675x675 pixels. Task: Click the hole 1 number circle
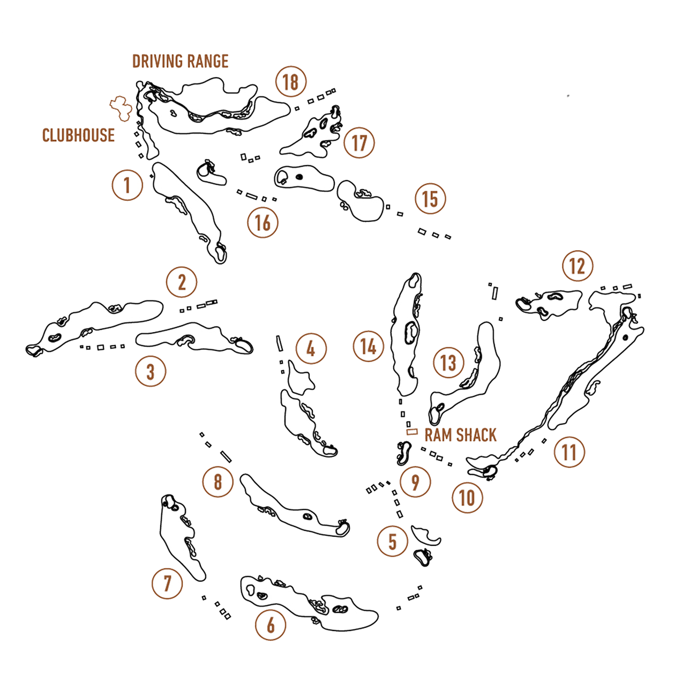[x=127, y=185]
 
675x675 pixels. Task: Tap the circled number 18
[x=290, y=82]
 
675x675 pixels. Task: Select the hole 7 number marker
[x=167, y=582]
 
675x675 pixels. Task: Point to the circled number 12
[x=577, y=266]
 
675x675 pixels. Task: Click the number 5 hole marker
[x=393, y=541]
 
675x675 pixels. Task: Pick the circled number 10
[x=467, y=498]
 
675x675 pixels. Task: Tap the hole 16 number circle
[x=262, y=222]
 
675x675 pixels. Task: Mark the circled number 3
[x=151, y=371]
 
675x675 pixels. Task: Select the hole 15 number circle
[x=430, y=199]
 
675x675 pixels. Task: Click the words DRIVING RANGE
[x=181, y=61]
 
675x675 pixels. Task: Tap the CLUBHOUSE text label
[x=79, y=134]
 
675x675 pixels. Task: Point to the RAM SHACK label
[x=461, y=434]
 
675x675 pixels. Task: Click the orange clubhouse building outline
[x=121, y=108]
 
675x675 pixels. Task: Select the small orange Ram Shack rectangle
[x=412, y=431]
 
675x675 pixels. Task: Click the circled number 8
[x=217, y=482]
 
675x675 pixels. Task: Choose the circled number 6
[x=271, y=625]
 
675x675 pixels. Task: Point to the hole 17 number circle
[x=359, y=143]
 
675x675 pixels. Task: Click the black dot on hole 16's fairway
[x=299, y=176]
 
